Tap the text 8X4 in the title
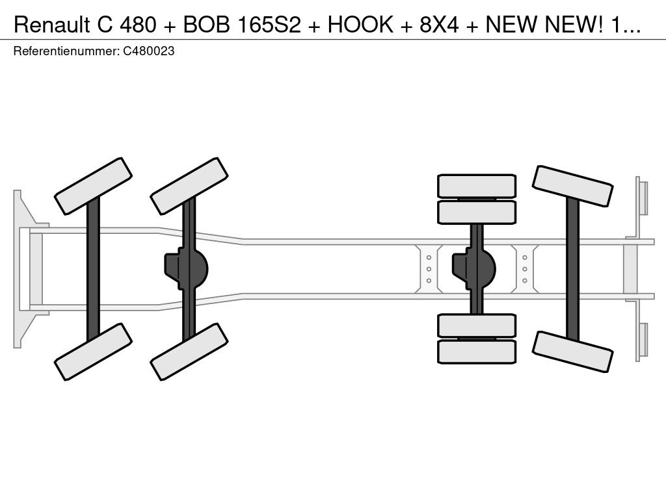[x=434, y=24]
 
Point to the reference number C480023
[x=148, y=51]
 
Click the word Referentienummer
[x=66, y=51]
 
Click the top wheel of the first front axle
[x=93, y=186]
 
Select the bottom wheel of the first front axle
[x=93, y=352]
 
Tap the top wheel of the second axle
[x=189, y=186]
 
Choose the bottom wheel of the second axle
[x=189, y=352]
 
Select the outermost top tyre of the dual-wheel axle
[x=477, y=186]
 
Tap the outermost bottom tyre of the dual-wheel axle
[x=477, y=352]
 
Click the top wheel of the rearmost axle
[x=572, y=186]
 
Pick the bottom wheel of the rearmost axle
[x=572, y=352]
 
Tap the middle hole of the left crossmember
[x=429, y=268]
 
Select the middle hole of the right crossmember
[x=525, y=268]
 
